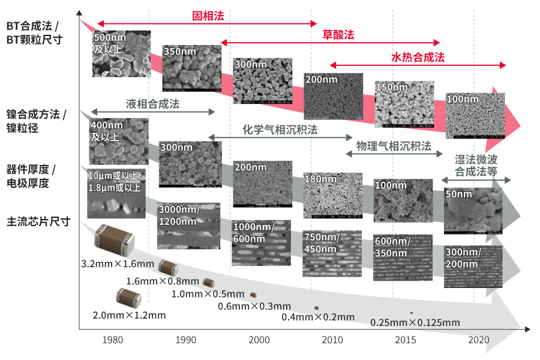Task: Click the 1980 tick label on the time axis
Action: (x=113, y=340)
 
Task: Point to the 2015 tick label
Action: (x=406, y=340)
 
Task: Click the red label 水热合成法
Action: (x=418, y=58)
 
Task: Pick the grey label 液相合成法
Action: (x=152, y=104)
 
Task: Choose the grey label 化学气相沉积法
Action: (x=280, y=130)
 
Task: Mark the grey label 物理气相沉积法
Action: (x=394, y=146)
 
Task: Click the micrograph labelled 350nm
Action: (x=191, y=68)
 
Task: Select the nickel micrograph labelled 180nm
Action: (x=332, y=196)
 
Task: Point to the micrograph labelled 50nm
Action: (x=473, y=211)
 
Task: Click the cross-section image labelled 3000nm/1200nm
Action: (x=188, y=226)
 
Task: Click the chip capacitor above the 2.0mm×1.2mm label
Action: (x=129, y=297)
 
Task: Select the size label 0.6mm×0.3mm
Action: (x=254, y=307)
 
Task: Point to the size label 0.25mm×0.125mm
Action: (x=415, y=323)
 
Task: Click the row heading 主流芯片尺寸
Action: (x=38, y=221)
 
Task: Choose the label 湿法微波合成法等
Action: (x=476, y=166)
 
